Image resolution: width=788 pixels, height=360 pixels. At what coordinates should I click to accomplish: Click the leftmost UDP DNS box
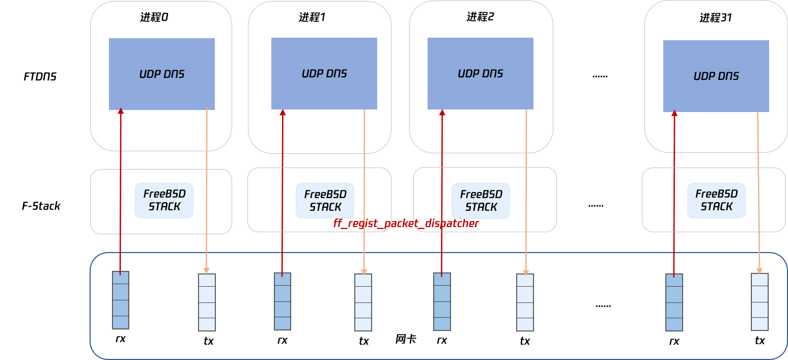pyautogui.click(x=162, y=74)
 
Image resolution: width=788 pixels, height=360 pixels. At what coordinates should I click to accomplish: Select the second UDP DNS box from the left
pyautogui.click(x=324, y=73)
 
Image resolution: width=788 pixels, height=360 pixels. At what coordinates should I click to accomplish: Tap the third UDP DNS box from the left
pyautogui.click(x=481, y=73)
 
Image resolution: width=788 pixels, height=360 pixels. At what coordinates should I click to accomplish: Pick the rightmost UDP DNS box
pyautogui.click(x=716, y=76)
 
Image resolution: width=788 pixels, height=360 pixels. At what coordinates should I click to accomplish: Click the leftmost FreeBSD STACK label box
pyautogui.click(x=164, y=201)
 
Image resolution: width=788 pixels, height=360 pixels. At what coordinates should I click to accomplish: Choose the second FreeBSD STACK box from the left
pyautogui.click(x=325, y=201)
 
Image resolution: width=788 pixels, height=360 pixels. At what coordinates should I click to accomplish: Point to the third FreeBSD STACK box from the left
pyautogui.click(x=481, y=201)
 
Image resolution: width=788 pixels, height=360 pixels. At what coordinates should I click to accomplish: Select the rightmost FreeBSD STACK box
pyautogui.click(x=716, y=201)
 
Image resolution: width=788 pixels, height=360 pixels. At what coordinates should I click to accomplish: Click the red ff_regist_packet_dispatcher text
pyautogui.click(x=406, y=223)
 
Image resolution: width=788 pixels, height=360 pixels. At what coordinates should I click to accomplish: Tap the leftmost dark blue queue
pyautogui.click(x=121, y=300)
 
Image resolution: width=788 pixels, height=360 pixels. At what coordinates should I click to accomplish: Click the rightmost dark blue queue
pyautogui.click(x=674, y=302)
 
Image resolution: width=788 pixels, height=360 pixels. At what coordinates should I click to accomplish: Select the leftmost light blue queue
pyautogui.click(x=207, y=302)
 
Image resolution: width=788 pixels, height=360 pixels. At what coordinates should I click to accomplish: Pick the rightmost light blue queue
pyautogui.click(x=759, y=302)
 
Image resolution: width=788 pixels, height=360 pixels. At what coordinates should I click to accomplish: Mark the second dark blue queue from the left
pyautogui.click(x=283, y=301)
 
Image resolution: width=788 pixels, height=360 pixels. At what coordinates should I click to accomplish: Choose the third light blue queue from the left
pyautogui.click(x=525, y=302)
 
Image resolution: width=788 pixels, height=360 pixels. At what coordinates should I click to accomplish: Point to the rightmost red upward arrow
pyautogui.click(x=674, y=193)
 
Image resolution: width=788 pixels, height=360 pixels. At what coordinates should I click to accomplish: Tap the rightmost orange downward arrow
pyautogui.click(x=758, y=193)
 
